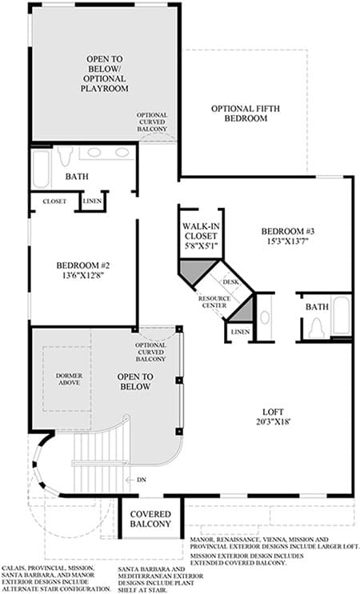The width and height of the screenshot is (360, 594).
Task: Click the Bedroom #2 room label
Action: pyautogui.click(x=83, y=265)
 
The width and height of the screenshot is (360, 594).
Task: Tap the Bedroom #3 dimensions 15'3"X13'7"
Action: pyautogui.click(x=288, y=241)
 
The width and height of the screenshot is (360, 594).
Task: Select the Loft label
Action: pyautogui.click(x=273, y=412)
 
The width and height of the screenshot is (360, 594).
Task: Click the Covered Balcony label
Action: pyautogui.click(x=150, y=519)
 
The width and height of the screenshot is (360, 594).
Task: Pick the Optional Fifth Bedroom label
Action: pyautogui.click(x=246, y=114)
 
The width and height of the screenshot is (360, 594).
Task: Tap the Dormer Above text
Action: pyautogui.click(x=69, y=379)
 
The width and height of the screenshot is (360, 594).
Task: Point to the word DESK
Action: pyautogui.click(x=230, y=282)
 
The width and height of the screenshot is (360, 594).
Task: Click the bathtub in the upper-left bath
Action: pyautogui.click(x=41, y=169)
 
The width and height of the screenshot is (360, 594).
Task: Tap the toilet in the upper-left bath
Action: pyautogui.click(x=65, y=156)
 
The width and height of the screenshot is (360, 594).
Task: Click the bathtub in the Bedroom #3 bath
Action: pyautogui.click(x=341, y=316)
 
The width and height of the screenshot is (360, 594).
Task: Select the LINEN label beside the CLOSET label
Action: pyautogui.click(x=93, y=201)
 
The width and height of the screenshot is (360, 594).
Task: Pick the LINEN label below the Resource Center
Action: pyautogui.click(x=240, y=332)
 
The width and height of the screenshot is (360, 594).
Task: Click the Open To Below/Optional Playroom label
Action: pyautogui.click(x=105, y=74)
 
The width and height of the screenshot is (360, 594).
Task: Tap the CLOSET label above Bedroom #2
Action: pyautogui.click(x=54, y=201)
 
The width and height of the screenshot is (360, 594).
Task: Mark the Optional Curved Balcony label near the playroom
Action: pyautogui.click(x=152, y=122)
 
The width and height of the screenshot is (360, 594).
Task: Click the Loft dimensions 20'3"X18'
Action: pyautogui.click(x=273, y=421)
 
